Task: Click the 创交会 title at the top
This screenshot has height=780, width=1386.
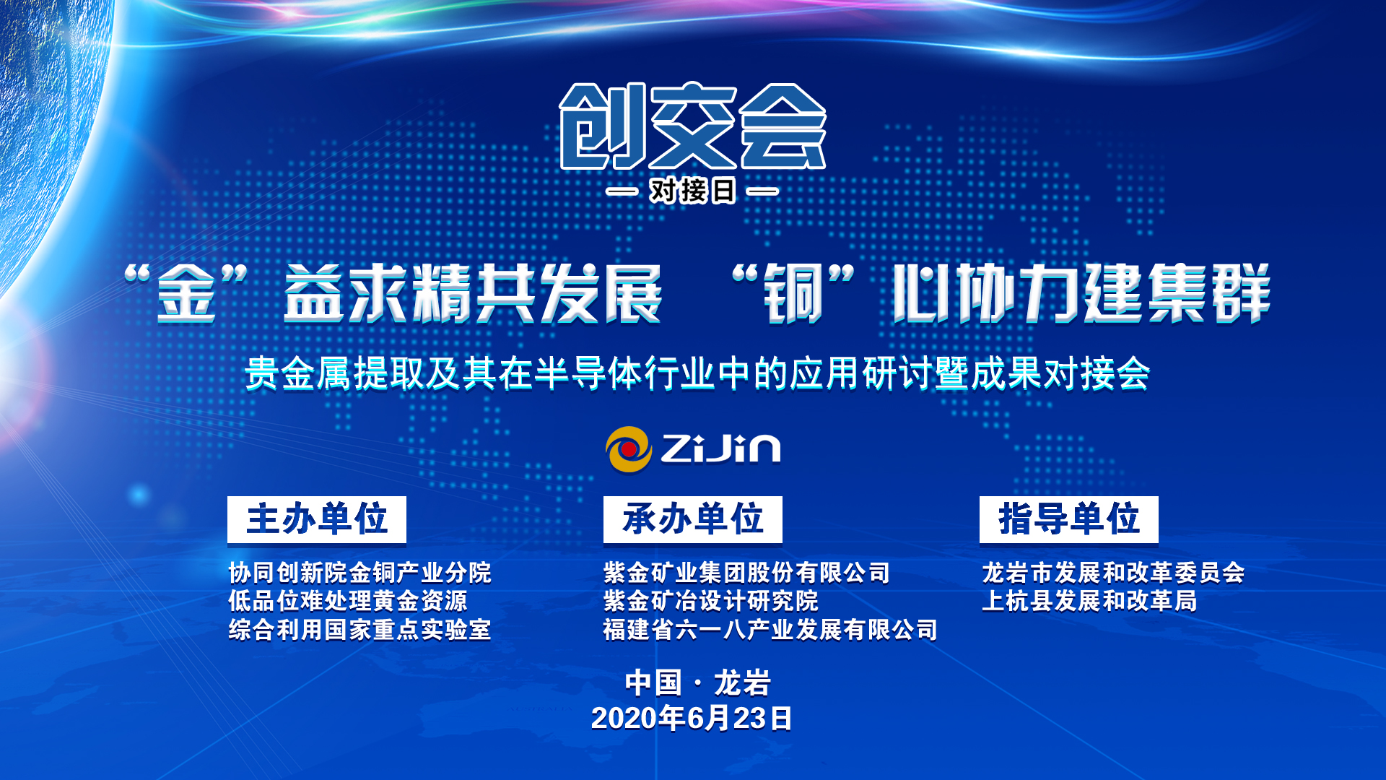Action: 693,126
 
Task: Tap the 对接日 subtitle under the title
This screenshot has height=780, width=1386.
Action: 692,191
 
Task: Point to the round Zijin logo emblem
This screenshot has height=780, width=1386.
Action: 628,449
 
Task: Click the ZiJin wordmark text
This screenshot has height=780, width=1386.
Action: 720,448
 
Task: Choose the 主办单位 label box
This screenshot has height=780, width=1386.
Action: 317,519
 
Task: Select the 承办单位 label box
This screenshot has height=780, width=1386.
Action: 693,519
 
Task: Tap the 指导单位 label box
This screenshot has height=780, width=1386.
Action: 1069,519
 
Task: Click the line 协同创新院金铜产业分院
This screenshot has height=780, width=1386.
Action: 359,573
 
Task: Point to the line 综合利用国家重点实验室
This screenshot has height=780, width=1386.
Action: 359,630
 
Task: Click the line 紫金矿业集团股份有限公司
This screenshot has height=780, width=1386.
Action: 746,573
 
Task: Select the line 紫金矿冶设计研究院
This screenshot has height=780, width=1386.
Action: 711,601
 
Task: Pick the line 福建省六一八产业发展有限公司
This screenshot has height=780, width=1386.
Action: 770,630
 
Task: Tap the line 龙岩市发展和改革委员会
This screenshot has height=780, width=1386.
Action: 1113,573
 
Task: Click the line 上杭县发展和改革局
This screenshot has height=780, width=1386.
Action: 1089,601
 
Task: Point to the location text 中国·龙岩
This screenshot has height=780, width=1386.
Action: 698,682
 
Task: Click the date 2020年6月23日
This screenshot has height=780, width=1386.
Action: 692,718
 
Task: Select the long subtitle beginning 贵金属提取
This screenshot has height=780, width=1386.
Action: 697,373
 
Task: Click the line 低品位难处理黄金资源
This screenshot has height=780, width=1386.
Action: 347,601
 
